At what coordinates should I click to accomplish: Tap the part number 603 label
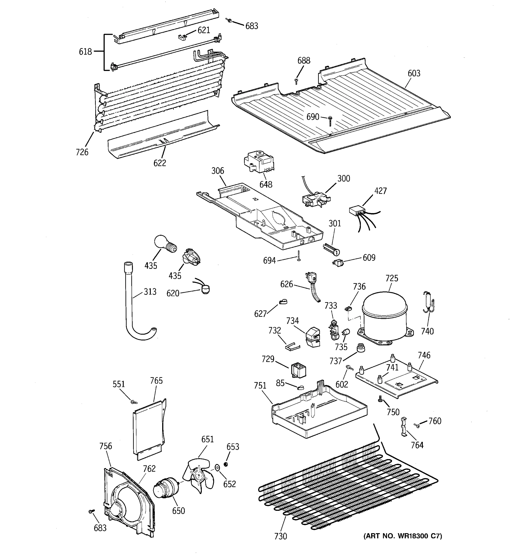tap(414, 73)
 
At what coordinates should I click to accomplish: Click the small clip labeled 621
tap(182, 37)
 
